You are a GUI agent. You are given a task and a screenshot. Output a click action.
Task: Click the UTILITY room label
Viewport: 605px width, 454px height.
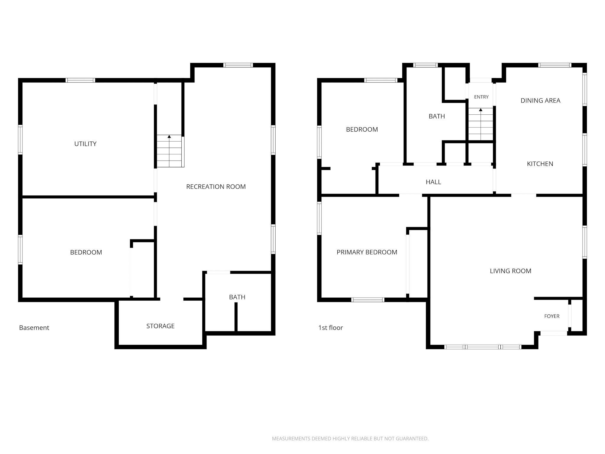85,144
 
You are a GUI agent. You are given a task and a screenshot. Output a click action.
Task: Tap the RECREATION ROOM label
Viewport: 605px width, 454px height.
216,187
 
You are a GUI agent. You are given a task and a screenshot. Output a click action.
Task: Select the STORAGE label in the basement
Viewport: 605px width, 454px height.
160,326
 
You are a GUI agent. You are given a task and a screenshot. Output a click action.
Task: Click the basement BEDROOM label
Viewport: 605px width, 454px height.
86,252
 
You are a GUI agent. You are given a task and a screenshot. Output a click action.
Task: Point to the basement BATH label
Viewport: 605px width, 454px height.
237,297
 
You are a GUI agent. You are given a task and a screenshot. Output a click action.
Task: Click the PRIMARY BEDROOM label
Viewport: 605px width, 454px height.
367,252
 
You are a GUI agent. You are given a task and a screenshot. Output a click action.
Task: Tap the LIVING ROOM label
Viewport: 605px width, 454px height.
510,271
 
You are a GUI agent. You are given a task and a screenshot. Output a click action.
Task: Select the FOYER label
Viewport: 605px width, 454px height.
552,316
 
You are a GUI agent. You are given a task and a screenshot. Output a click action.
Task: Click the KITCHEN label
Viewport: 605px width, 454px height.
540,164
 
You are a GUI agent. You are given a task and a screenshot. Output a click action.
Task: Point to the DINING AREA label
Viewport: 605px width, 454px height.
540,100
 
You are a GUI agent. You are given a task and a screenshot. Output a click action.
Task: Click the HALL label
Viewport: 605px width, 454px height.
433,182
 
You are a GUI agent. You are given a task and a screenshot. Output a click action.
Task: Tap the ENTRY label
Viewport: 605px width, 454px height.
481,97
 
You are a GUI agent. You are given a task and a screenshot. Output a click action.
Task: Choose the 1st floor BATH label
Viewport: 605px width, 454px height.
437,116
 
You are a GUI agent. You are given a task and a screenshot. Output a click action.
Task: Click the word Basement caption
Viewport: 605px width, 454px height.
34,328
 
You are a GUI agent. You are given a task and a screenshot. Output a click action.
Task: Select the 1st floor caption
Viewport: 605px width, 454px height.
331,328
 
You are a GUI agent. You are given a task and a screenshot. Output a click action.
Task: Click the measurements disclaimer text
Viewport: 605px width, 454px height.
350,439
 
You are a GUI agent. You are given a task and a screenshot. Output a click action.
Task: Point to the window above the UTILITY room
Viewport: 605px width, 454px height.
80,80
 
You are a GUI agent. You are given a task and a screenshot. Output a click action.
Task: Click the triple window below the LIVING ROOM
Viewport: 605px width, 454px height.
483,347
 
